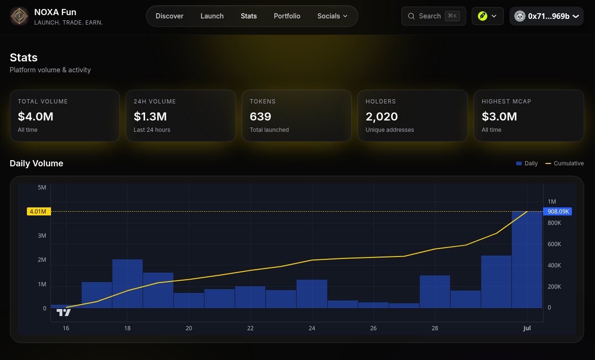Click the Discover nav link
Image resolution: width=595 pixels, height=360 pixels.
[x=169, y=16]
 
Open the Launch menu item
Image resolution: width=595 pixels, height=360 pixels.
[x=212, y=16]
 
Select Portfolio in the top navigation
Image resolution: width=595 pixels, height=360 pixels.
[x=287, y=16]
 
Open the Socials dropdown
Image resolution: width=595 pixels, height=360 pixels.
[x=332, y=16]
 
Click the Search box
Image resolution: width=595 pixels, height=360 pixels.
[x=433, y=16]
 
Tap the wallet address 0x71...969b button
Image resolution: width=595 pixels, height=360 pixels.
[x=546, y=16]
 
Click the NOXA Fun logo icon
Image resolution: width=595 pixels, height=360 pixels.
[x=19, y=16]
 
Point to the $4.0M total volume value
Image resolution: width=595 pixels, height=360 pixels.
[x=35, y=116]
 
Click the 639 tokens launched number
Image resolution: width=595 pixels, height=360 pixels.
[x=260, y=116]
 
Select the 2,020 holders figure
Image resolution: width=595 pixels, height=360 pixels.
[x=382, y=117]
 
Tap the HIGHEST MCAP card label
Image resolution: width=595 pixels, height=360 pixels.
[x=506, y=101]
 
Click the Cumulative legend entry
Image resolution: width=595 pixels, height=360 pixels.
[x=564, y=163]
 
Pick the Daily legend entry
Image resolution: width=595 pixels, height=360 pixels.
[x=527, y=163]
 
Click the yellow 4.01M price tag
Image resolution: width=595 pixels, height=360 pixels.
[x=39, y=212]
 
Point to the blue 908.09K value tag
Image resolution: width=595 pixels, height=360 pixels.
[x=558, y=212]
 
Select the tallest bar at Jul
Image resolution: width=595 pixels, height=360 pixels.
[x=527, y=259]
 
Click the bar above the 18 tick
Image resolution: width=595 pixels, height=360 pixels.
[x=127, y=283]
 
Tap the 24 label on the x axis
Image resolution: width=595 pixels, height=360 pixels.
[x=312, y=328]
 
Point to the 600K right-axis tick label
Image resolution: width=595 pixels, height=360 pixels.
[x=554, y=244]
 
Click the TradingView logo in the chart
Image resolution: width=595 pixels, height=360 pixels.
[x=64, y=312]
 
